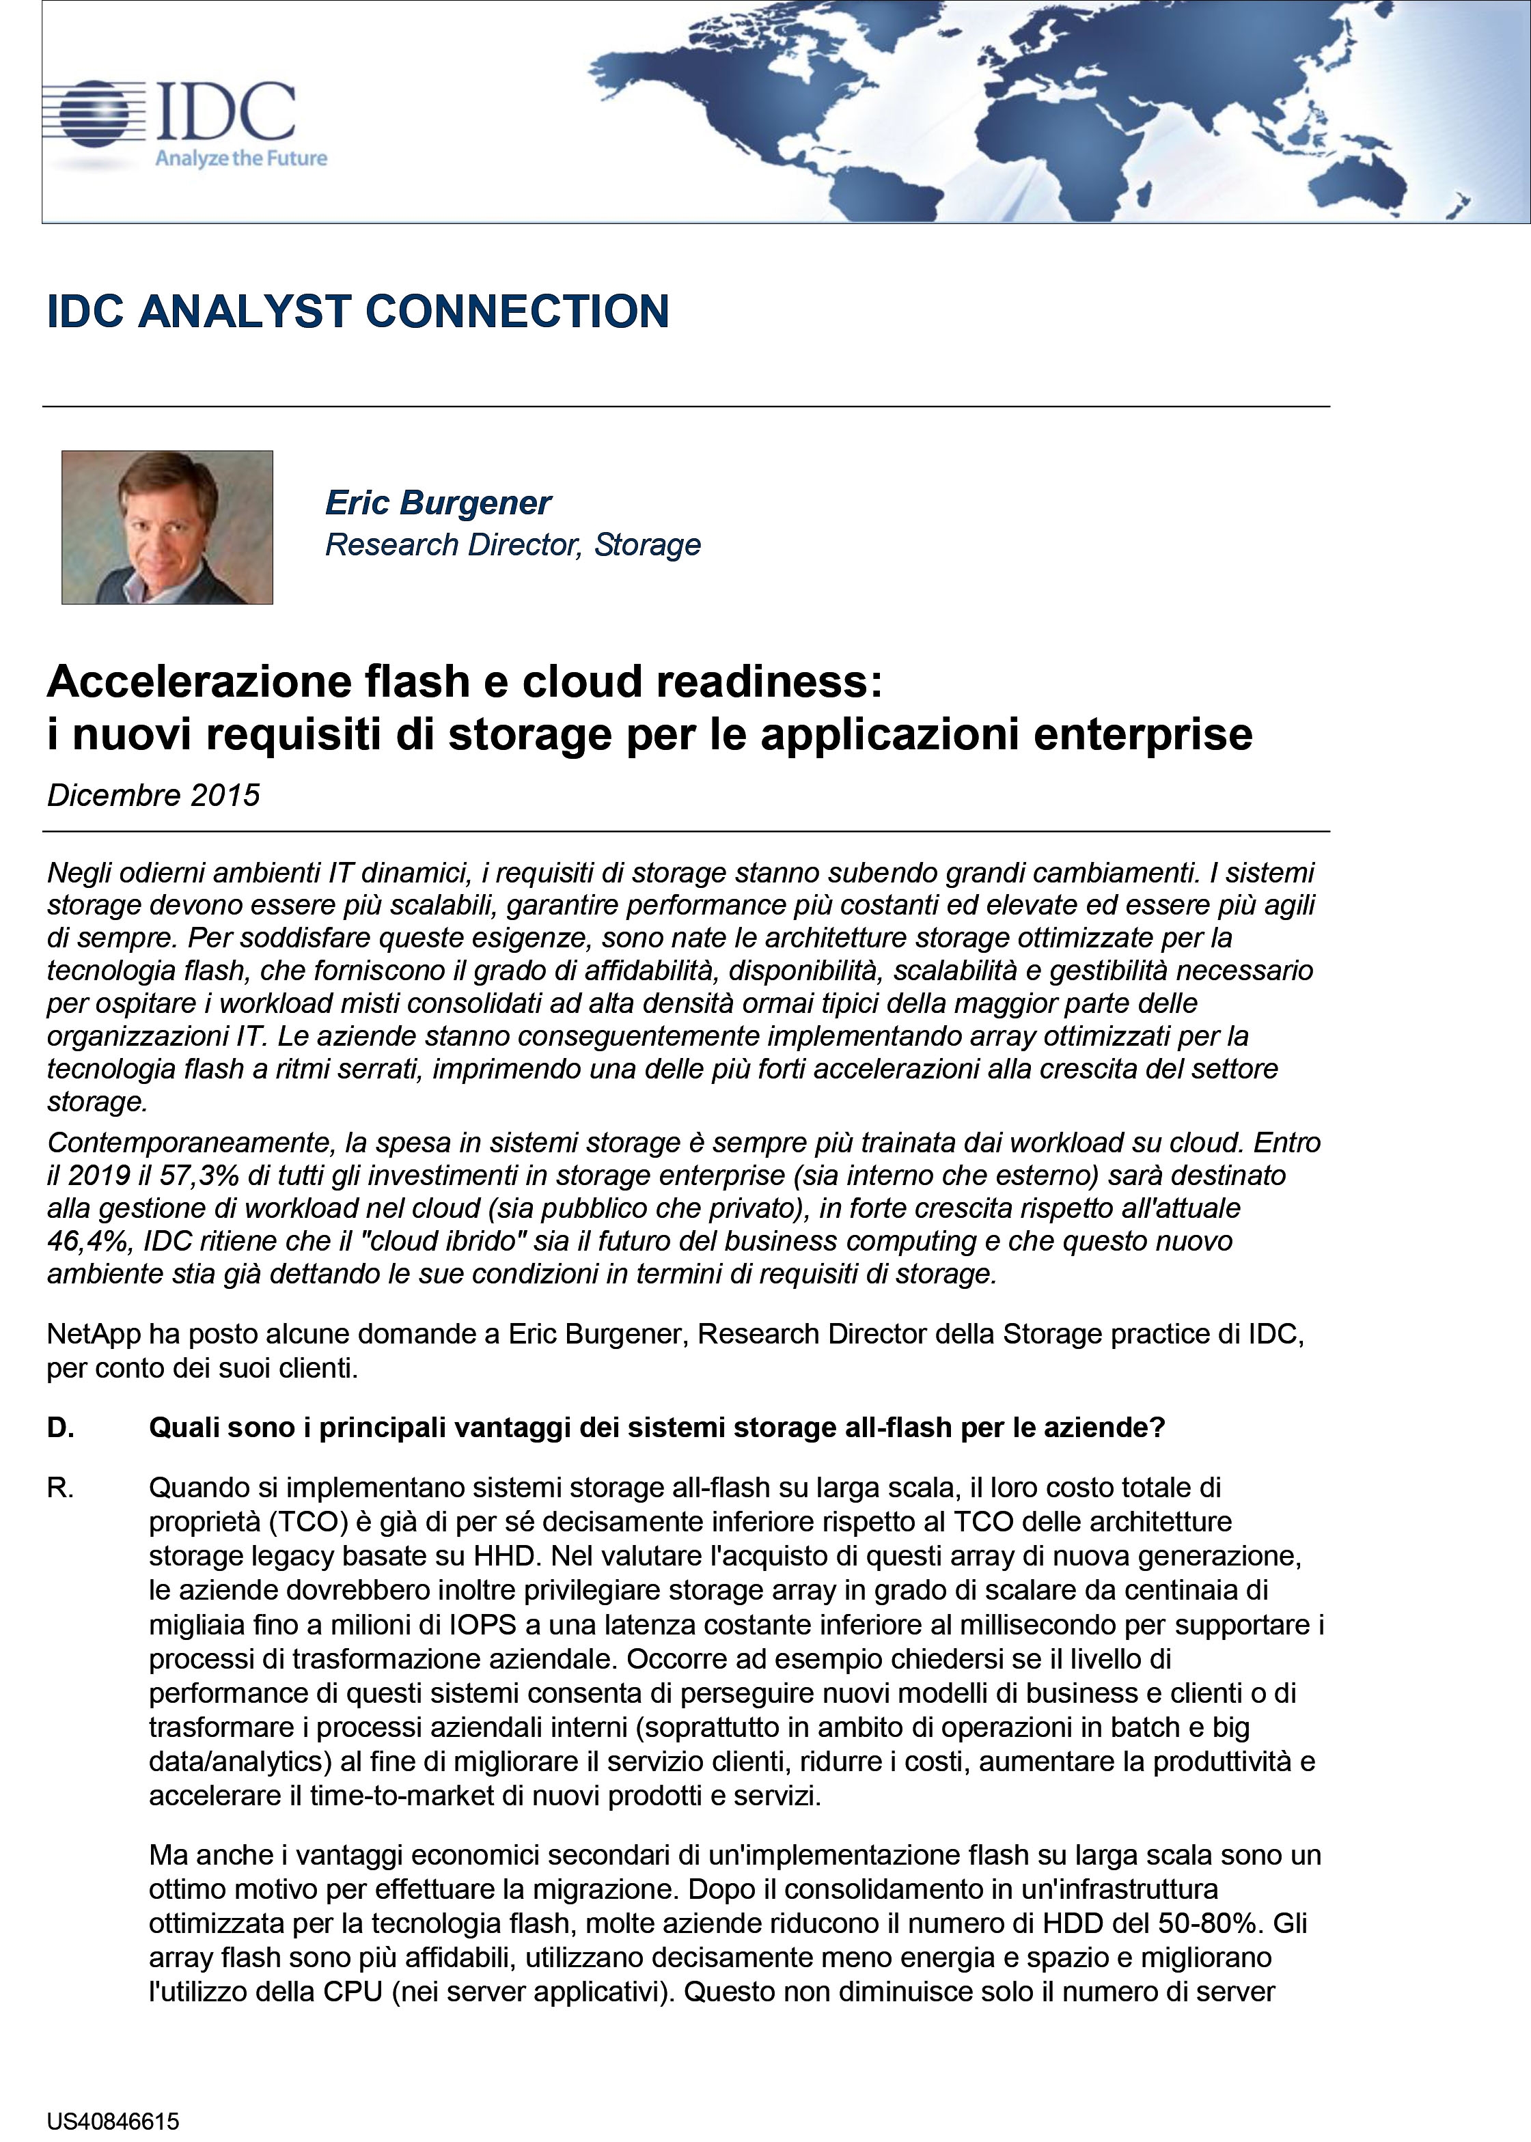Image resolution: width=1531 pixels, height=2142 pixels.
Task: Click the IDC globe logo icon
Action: point(94,115)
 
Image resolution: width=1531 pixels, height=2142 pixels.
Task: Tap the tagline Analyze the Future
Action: point(241,158)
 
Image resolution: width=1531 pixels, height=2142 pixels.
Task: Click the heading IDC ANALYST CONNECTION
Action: point(358,312)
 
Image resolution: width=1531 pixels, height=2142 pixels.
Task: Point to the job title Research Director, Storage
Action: point(513,544)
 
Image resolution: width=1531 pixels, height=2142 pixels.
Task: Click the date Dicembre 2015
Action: point(154,795)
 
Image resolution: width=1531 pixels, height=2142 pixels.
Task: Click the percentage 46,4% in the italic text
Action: point(87,1240)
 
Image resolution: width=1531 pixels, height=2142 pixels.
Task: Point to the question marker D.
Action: point(60,1428)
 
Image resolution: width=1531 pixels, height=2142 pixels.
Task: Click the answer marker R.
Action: point(60,1488)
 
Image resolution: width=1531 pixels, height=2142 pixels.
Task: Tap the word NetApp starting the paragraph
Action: point(94,1335)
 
